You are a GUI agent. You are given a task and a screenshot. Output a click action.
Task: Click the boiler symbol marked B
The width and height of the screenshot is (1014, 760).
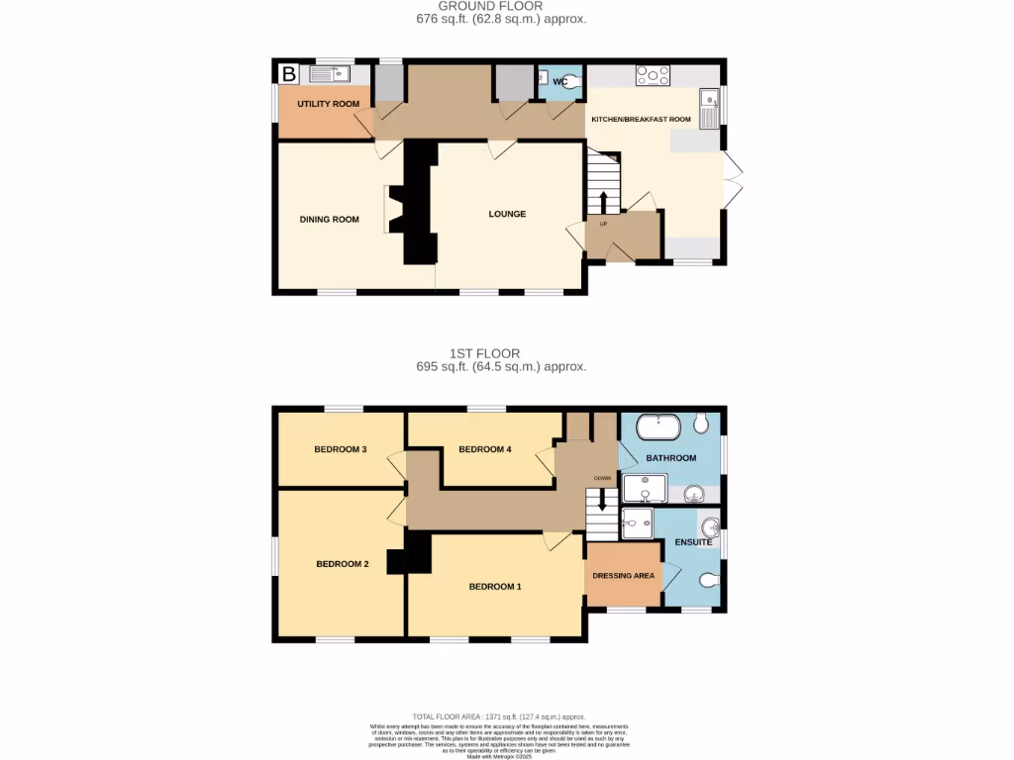coord(288,74)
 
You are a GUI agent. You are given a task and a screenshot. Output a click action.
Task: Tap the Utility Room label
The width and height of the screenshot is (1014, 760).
coord(328,104)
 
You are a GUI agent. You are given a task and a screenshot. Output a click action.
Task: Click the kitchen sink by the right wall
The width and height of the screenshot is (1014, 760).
coord(709,109)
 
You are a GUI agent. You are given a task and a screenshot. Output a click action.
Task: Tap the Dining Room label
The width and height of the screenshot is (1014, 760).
coord(329,220)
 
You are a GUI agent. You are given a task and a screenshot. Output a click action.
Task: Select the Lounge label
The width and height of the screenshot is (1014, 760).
coord(506,214)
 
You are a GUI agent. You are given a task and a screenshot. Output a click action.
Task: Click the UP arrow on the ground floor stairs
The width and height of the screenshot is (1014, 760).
coord(603,202)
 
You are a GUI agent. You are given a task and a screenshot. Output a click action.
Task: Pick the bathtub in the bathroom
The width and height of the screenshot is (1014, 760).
coord(657,427)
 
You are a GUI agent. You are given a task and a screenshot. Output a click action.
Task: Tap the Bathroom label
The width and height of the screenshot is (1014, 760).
coord(670,458)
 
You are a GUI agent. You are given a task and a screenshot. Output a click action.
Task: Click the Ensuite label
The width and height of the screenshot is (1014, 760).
coord(693,542)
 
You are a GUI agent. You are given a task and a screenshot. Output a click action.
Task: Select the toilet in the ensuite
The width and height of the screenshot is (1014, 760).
coord(707,580)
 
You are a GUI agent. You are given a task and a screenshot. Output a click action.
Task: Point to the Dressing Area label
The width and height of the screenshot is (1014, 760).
coord(623,575)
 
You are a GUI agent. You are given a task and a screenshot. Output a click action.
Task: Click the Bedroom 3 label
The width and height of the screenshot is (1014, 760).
coord(341,449)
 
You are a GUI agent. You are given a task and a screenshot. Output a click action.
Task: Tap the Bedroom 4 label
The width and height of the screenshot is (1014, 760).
coord(484,449)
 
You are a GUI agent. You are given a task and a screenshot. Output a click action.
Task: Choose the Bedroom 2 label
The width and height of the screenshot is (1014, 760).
coord(342,564)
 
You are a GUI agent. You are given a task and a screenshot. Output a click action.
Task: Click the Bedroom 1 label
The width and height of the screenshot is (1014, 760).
coord(494,587)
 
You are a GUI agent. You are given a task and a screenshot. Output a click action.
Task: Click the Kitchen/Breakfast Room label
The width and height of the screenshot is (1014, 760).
coord(641,119)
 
